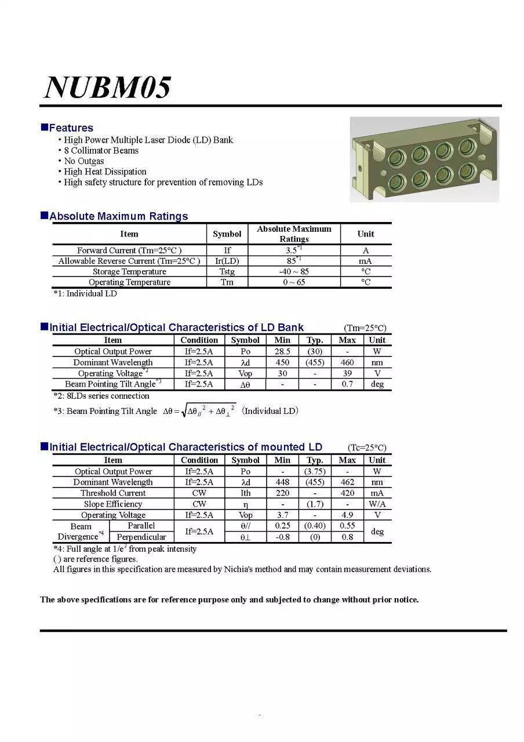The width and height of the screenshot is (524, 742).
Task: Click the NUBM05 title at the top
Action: [x=108, y=88]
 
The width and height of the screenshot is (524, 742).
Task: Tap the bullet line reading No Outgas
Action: [x=84, y=161]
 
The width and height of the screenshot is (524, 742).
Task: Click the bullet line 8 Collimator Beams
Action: [x=101, y=151]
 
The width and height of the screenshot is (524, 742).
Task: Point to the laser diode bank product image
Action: [x=424, y=159]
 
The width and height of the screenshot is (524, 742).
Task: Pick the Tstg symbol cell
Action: [x=227, y=272]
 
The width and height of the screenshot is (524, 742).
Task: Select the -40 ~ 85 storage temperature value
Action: [x=294, y=272]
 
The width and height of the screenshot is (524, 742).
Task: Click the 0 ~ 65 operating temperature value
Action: [x=294, y=282]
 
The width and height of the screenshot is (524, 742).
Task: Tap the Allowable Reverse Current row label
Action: [x=129, y=261]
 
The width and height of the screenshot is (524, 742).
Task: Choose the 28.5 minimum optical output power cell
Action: [x=282, y=351]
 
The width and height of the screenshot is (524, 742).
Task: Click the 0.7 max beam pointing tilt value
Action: [x=347, y=384]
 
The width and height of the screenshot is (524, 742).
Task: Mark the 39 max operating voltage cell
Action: [x=347, y=373]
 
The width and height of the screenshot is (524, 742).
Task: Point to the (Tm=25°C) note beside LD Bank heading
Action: [x=365, y=328]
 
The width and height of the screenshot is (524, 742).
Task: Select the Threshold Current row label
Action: [x=113, y=493]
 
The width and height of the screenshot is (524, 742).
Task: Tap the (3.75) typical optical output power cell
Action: [x=315, y=471]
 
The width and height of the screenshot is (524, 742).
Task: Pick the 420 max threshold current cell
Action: [x=347, y=493]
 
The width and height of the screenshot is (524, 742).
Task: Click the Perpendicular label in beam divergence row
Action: [x=141, y=537]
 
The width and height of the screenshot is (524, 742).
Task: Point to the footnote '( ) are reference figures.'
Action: [x=96, y=559]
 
